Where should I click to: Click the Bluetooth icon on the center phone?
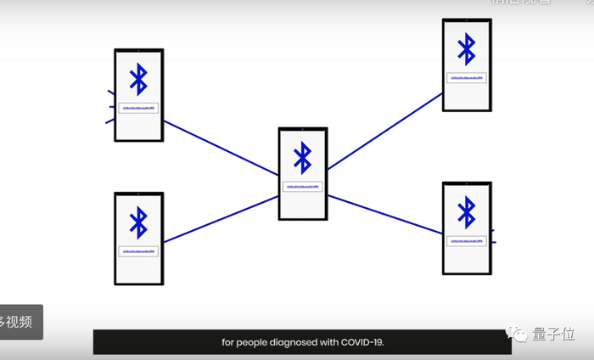[x=302, y=157]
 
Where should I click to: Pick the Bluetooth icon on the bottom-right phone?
[x=467, y=211]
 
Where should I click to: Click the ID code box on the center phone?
[x=302, y=186]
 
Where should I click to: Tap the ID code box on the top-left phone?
[x=138, y=109]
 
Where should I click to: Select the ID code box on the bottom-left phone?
[x=138, y=252]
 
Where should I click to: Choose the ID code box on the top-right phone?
[x=467, y=77]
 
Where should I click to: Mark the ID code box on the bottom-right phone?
[x=467, y=241]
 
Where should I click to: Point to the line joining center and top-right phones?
[x=384, y=132]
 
